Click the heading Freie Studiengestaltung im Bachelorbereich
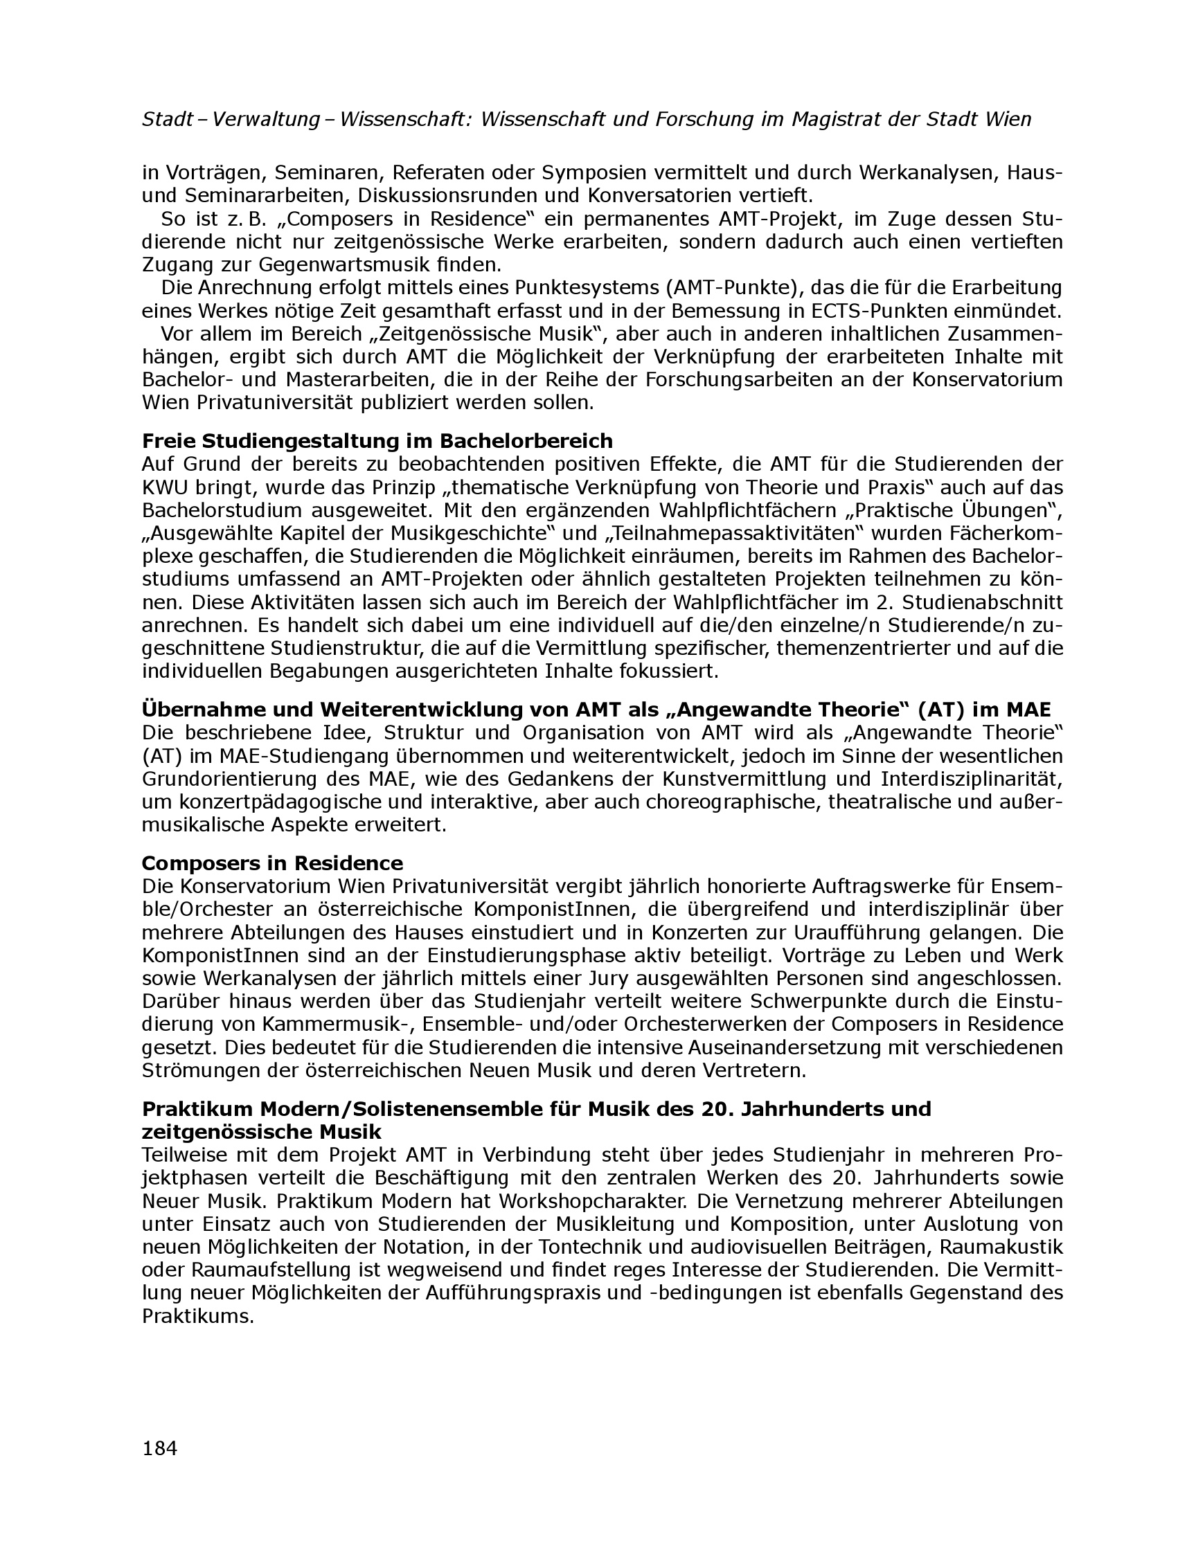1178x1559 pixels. tap(377, 441)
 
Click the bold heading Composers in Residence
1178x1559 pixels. tap(272, 863)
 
